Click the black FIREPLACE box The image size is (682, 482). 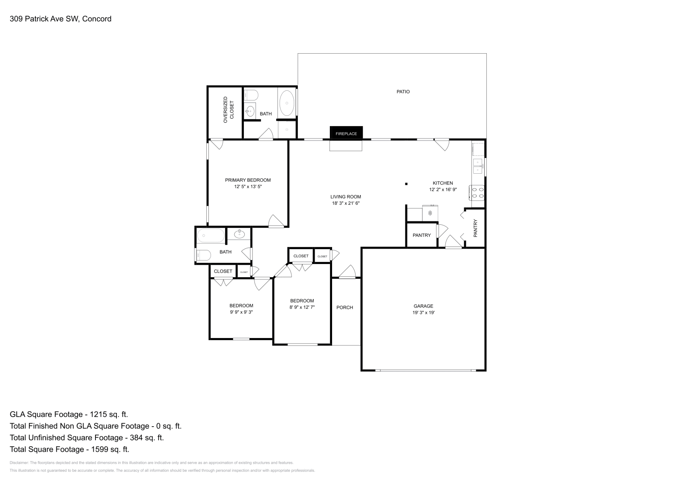point(346,133)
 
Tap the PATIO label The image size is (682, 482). point(403,92)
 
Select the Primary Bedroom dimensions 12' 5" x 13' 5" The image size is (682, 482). point(248,187)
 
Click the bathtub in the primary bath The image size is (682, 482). point(286,103)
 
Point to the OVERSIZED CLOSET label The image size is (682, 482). point(228,110)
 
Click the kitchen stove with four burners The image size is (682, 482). point(477,193)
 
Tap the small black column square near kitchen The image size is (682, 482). point(406,184)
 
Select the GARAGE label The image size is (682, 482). point(423,306)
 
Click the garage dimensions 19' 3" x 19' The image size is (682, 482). point(423,313)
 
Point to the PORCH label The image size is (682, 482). point(344,307)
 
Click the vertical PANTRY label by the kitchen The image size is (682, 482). point(475,228)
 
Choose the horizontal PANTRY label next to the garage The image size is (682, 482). point(422,235)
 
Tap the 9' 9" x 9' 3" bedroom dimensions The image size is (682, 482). point(241,312)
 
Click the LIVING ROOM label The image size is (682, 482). point(346,197)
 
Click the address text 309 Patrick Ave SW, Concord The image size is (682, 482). point(61,19)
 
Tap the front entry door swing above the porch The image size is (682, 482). point(348,272)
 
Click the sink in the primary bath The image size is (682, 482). point(250,112)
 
